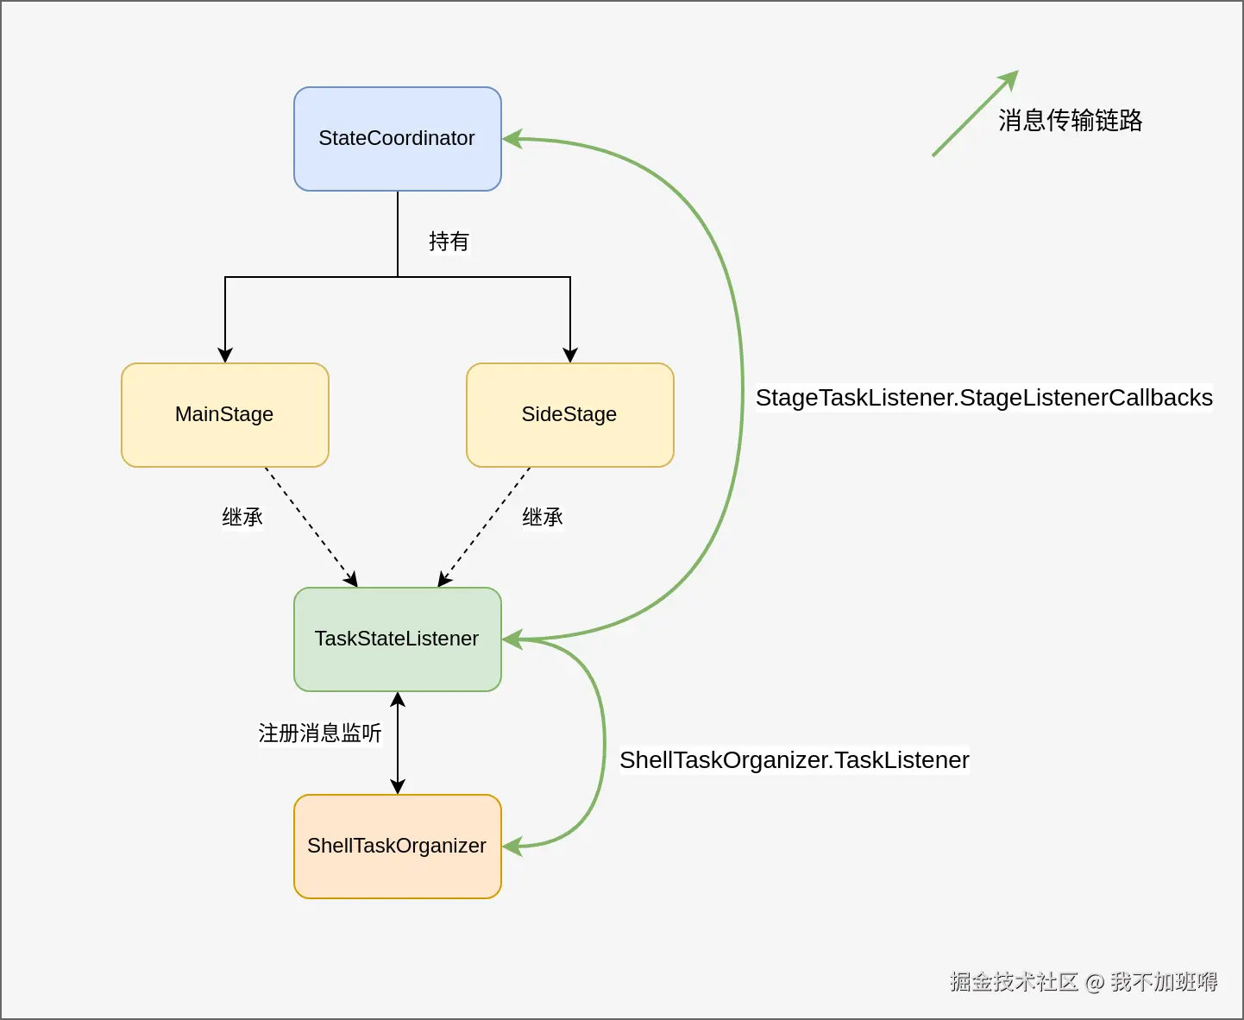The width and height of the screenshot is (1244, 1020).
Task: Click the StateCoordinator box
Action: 397,139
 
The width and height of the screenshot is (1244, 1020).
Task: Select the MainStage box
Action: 224,415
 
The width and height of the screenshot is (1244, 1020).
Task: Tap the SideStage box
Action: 569,415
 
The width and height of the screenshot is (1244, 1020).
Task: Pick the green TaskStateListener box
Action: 397,639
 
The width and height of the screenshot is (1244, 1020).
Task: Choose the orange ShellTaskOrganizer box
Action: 397,847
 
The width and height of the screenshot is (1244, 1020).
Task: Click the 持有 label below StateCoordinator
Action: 449,242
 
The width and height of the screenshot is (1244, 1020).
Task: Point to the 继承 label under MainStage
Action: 242,518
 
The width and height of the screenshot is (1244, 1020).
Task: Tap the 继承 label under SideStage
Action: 543,518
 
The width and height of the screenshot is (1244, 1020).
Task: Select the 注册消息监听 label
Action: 320,734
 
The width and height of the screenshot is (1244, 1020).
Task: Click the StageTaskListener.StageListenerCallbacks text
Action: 983,398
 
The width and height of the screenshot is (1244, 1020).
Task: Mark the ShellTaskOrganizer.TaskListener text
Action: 794,760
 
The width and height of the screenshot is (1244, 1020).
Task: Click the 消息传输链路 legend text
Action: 1070,121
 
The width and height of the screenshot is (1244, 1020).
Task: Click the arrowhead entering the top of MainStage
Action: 225,355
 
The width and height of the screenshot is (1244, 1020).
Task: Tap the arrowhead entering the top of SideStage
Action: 570,355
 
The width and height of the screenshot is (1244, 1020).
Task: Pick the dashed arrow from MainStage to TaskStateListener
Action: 311,526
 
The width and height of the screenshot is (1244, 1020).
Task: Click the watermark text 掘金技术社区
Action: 1014,982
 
